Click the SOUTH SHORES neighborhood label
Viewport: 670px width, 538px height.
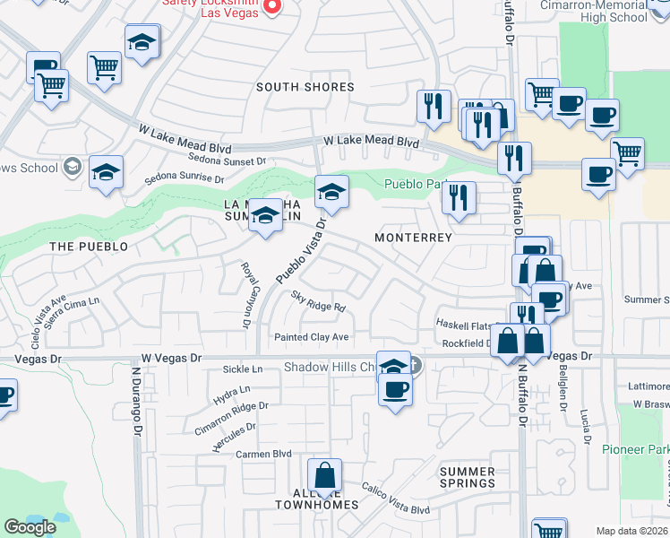305,87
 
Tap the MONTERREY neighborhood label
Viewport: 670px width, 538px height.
413,238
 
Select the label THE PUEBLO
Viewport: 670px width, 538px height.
89,246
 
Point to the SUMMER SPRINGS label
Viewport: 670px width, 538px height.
467,477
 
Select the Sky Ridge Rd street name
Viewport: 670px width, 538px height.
318,300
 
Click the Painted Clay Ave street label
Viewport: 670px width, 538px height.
311,337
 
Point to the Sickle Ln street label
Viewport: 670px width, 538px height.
243,369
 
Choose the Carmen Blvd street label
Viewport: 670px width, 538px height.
264,454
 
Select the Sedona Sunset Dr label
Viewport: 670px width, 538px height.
228,160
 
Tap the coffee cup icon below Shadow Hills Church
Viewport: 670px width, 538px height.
395,388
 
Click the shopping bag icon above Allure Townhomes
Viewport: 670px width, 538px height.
326,474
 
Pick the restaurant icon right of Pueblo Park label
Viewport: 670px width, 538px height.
460,197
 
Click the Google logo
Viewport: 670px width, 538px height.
30,527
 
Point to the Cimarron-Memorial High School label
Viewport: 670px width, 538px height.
606,11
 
